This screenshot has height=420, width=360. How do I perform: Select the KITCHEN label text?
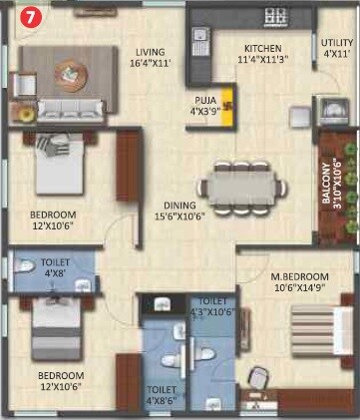click(x=263, y=47)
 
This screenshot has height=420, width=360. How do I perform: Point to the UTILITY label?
click(x=336, y=42)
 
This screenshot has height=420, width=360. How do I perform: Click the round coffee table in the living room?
click(x=68, y=72)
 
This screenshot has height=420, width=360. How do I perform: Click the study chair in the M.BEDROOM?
click(x=258, y=380)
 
